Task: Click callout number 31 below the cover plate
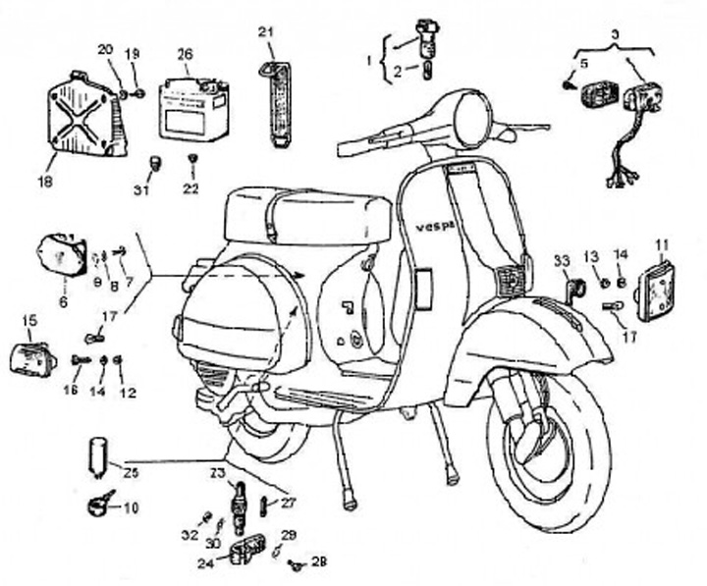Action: [x=142, y=188]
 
